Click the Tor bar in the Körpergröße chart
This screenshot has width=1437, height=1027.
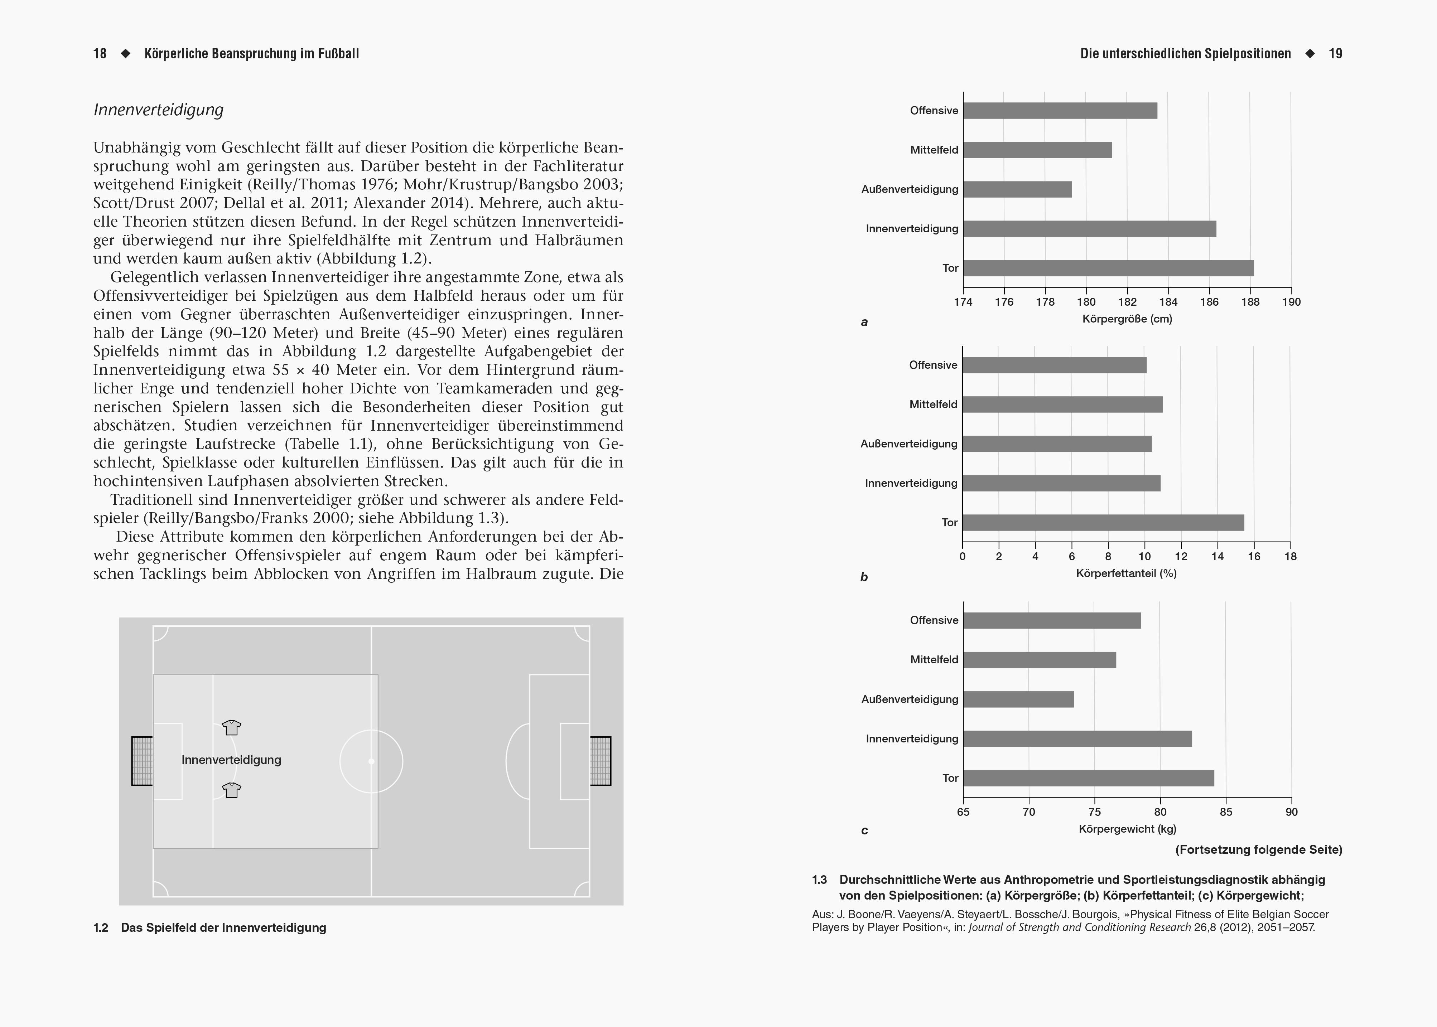(x=1108, y=268)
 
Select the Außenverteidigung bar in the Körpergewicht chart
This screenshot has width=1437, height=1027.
(x=1018, y=699)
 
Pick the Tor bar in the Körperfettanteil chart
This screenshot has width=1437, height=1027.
(x=1103, y=522)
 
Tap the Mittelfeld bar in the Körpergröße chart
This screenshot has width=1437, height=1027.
(x=1037, y=150)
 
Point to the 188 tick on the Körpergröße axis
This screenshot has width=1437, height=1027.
(x=1250, y=302)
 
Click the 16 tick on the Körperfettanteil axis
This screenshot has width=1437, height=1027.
(x=1254, y=557)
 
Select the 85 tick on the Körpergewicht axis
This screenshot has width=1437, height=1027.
(x=1226, y=812)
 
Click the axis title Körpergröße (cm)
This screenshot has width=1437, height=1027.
(x=1127, y=319)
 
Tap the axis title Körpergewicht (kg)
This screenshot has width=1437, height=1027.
(x=1127, y=828)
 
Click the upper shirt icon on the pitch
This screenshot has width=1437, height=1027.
(x=231, y=727)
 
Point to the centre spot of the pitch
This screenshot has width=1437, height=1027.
(x=371, y=761)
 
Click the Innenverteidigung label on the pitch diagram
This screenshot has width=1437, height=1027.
(x=231, y=760)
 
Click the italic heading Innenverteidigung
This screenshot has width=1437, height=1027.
(x=158, y=110)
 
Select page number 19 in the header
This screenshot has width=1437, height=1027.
(x=1335, y=54)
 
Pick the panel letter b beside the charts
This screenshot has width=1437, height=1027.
(x=864, y=577)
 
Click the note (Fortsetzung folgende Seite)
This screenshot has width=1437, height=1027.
(x=1259, y=849)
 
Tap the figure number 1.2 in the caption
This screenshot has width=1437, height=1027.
(x=101, y=928)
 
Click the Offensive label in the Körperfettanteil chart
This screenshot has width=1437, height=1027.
(x=933, y=365)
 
